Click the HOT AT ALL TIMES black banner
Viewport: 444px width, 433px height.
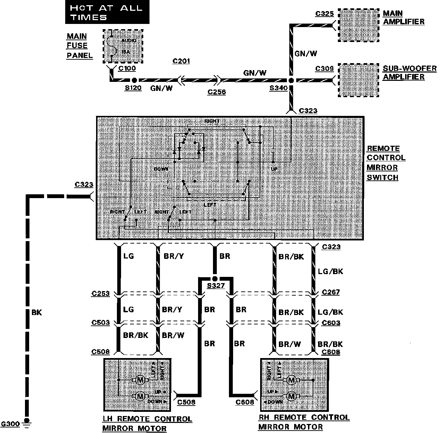[x=107, y=12]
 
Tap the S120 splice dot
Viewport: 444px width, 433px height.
[x=134, y=80]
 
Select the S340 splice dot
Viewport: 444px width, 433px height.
[x=291, y=80]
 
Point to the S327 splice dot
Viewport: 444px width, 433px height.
[x=215, y=279]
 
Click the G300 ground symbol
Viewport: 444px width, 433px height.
[x=26, y=423]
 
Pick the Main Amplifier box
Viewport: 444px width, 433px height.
[x=358, y=26]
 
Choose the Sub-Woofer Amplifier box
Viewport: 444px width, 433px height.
[x=358, y=80]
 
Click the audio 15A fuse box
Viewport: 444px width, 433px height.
[x=123, y=46]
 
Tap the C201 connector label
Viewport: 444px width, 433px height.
[x=181, y=61]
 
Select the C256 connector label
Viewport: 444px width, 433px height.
[x=216, y=92]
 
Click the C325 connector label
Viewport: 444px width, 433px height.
[x=324, y=14]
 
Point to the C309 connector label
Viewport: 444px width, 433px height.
[x=324, y=69]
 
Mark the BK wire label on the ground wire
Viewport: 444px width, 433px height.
[x=36, y=312]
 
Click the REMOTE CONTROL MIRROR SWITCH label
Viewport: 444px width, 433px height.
[x=386, y=163]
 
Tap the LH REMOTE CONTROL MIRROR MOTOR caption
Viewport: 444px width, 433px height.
[x=147, y=424]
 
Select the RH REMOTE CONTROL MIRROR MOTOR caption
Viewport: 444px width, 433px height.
[x=304, y=422]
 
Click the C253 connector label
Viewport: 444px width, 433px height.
[x=101, y=294]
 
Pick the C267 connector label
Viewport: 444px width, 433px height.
[x=331, y=292]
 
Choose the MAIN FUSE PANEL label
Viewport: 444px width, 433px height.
[x=79, y=46]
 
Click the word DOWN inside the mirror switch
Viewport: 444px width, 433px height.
[x=161, y=169]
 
